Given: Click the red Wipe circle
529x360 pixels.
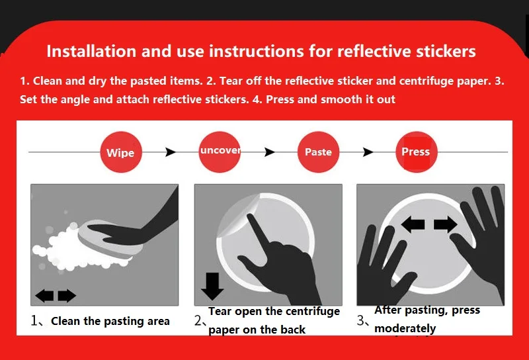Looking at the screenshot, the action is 121,152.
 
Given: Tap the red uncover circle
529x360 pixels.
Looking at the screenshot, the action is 220,152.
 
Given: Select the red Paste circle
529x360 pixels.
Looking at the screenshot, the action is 318,152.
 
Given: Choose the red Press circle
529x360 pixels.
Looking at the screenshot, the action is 417,152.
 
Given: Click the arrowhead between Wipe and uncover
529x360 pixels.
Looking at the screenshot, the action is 171,152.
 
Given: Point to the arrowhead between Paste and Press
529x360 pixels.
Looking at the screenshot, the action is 368,152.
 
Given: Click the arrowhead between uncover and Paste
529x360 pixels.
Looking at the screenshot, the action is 269,152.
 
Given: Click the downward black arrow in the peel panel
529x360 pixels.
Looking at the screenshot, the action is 212,286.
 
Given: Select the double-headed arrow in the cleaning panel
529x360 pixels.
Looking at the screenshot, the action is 56,296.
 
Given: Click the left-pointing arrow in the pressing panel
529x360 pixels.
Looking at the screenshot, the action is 413,224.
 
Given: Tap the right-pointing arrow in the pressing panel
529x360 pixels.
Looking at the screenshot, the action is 445,224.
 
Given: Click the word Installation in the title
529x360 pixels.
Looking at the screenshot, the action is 91,52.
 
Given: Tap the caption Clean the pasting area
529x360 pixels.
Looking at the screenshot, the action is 110,321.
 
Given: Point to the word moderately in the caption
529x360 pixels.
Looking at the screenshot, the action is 405,328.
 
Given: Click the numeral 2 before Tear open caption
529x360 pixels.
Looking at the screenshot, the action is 198,321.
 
